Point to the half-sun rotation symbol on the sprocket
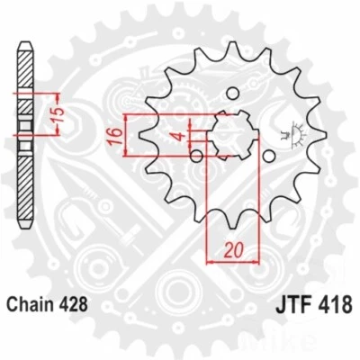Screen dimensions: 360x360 291,133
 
